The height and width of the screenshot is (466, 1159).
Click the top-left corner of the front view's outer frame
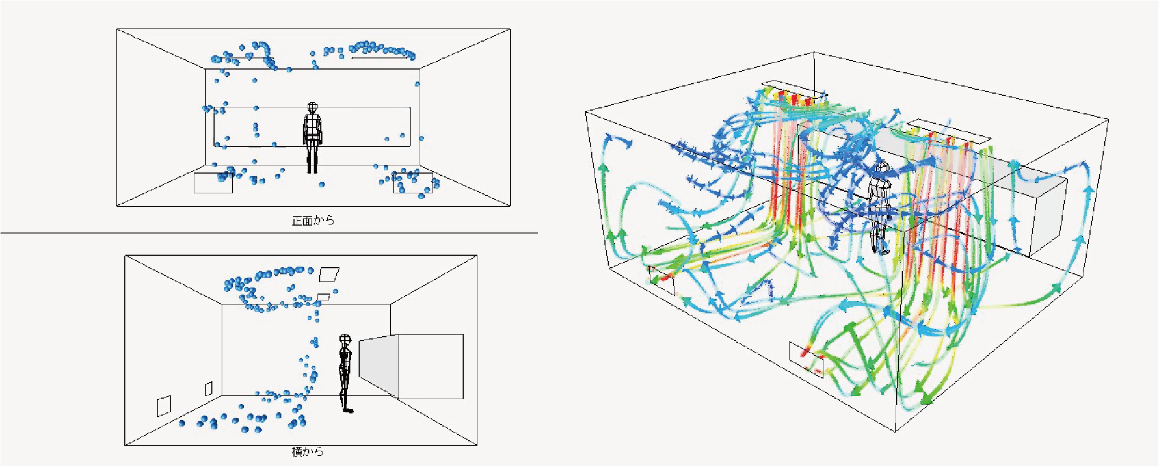(117, 29)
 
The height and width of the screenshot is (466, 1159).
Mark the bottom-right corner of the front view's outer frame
(510, 206)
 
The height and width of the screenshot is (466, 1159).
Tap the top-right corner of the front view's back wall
(420, 68)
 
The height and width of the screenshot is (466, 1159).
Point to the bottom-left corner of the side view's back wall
(222, 395)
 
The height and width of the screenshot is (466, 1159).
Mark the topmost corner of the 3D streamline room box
(814, 53)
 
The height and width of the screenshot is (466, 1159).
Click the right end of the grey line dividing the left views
(538, 233)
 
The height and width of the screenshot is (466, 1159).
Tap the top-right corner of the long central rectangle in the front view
(410, 107)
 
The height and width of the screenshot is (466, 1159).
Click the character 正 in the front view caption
(297, 221)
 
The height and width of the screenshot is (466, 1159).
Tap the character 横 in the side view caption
(297, 452)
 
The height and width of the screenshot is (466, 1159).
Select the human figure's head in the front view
(312, 107)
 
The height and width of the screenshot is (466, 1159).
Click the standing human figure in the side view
(345, 373)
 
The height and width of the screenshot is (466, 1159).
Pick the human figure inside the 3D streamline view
(879, 208)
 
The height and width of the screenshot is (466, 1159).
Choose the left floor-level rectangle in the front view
(214, 183)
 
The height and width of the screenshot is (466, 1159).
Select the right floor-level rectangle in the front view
(413, 183)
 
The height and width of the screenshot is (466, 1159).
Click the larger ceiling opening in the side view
(329, 274)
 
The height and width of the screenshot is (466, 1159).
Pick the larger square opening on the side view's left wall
(164, 406)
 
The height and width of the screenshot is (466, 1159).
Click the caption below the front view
(313, 221)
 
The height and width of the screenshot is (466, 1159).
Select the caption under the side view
(308, 452)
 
